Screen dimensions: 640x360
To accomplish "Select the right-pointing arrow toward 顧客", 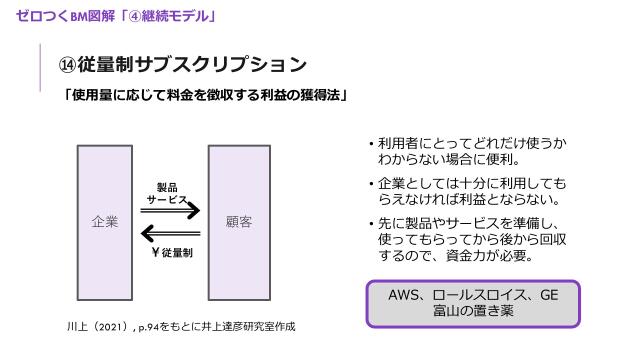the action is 173,212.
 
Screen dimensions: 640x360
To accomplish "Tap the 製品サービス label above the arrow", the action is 167,193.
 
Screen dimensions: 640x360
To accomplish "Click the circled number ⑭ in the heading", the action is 67,65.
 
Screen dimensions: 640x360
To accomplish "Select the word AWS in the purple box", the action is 406,297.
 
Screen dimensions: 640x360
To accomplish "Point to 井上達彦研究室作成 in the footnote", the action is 255,326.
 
